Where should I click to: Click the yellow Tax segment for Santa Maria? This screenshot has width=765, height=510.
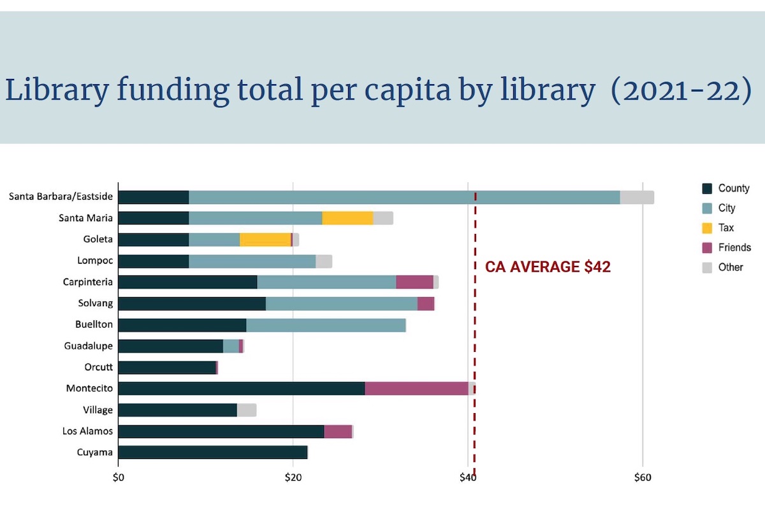point(347,218)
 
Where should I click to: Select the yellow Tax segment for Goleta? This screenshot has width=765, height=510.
point(265,240)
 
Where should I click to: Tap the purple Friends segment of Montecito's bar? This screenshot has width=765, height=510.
point(416,388)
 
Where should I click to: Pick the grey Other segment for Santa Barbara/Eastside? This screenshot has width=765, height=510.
point(637,197)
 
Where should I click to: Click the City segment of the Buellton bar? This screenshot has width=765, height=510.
point(326,324)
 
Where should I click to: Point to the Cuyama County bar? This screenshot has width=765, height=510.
point(213,453)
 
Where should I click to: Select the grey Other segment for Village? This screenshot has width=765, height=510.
point(247,410)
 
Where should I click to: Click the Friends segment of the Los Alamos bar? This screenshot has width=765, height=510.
point(338,431)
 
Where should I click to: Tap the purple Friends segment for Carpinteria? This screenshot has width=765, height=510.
point(414,282)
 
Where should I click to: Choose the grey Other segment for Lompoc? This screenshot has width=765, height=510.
point(324,261)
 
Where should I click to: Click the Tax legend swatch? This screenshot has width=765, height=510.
point(706,228)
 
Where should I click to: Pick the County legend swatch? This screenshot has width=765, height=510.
point(706,188)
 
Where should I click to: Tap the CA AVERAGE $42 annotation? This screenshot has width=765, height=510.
point(548,267)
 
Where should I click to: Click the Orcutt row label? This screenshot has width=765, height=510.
point(98,367)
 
